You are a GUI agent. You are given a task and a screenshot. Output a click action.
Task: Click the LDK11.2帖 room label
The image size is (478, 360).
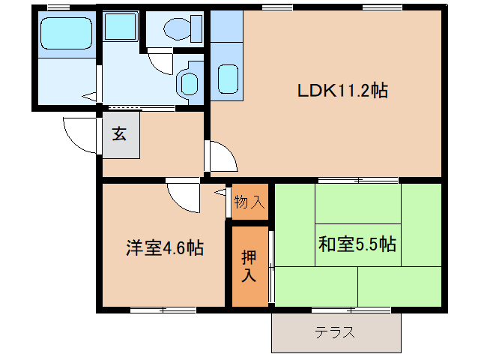[342, 91]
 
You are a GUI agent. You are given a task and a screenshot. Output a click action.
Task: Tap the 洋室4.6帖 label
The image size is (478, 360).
[165, 247]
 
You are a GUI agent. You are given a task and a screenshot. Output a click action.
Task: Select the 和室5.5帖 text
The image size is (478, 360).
[357, 244]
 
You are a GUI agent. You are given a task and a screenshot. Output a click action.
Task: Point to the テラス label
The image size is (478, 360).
[335, 331]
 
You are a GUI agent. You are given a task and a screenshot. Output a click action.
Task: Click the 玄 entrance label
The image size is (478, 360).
[120, 134]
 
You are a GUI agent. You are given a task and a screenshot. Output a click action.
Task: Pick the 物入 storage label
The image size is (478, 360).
[249, 201]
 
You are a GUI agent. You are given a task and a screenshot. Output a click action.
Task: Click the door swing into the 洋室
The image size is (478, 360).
[182, 196]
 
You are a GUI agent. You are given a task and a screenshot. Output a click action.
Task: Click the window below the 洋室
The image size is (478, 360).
[163, 310]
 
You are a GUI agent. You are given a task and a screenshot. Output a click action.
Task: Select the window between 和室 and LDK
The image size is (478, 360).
[358, 181]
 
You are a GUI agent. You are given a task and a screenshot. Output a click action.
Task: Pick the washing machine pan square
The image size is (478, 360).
[120, 27]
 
